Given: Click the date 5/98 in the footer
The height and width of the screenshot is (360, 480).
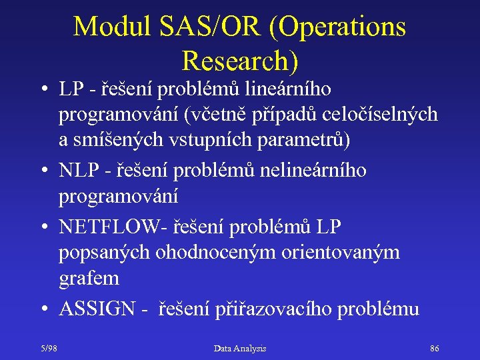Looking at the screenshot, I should (x=48, y=348).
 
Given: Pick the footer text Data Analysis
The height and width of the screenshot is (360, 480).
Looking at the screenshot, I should (x=240, y=348).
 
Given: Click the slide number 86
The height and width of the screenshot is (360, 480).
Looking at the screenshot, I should (x=435, y=348).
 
